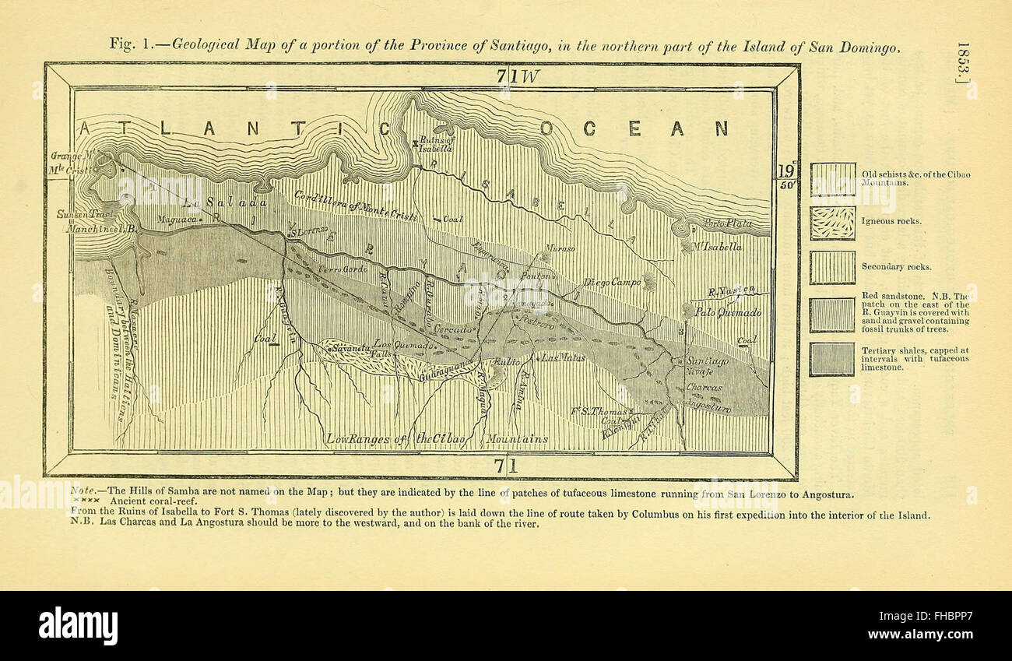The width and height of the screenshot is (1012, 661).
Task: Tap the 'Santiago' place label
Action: (707, 362)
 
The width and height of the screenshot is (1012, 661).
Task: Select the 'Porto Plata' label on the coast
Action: (728, 224)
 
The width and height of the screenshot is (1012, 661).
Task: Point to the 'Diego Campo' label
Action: (612, 283)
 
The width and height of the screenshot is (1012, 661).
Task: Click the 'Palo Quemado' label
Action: (728, 313)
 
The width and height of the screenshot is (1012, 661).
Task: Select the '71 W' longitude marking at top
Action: (519, 76)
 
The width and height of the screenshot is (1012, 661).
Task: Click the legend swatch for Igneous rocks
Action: (832, 223)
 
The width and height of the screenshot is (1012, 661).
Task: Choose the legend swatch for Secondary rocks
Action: (832, 267)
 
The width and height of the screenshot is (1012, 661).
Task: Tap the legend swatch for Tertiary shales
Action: (832, 359)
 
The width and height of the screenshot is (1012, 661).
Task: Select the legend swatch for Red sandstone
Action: (832, 314)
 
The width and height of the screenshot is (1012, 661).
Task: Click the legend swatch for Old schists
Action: (832, 178)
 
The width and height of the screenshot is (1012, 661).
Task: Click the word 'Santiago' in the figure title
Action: (521, 45)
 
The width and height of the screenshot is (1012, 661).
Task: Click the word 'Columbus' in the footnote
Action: (656, 515)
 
